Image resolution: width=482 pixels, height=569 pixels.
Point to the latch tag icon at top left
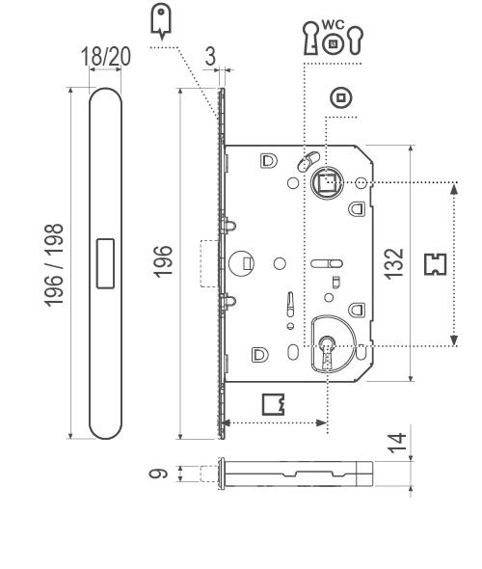162,18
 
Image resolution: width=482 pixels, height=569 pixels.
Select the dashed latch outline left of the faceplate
208,263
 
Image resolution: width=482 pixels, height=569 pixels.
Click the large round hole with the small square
241,262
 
